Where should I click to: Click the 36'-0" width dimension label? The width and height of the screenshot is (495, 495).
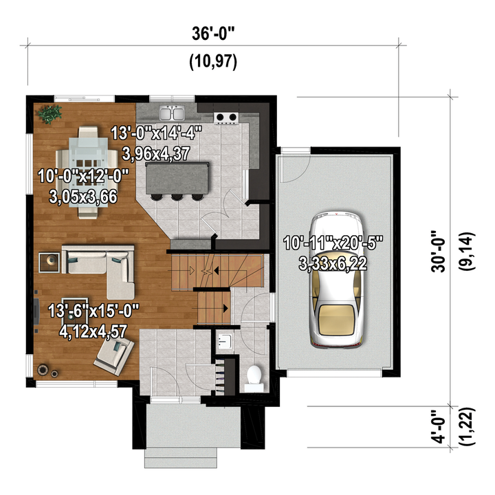213,34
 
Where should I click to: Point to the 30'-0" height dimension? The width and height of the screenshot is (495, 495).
439,252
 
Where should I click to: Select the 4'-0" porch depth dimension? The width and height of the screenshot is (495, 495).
439,426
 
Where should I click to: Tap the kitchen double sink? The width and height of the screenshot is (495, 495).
172,113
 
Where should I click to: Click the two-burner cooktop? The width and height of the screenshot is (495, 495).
226,118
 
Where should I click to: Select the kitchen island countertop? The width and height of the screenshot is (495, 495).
177,178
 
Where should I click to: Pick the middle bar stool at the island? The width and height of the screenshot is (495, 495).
177,197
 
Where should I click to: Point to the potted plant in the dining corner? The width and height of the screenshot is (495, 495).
49,113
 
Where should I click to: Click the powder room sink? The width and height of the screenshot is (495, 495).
225,342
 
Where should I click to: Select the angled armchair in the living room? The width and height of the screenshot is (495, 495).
114,355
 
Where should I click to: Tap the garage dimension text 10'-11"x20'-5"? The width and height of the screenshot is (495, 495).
333,243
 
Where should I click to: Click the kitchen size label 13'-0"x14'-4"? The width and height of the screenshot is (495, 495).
156,133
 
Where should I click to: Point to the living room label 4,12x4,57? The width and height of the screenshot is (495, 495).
93,331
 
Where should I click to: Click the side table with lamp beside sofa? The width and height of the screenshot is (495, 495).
49,262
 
